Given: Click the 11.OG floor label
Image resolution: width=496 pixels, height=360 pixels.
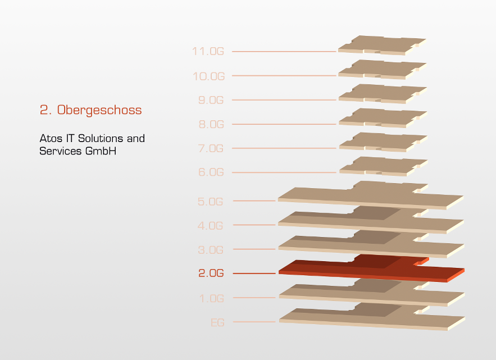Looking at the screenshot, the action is pos(208,51).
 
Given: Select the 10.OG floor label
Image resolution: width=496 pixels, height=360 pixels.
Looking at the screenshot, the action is pos(209,76).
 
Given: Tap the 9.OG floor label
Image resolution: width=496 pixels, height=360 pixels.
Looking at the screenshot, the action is pos(211,100).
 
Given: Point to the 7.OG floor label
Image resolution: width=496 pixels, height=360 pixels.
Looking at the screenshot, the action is pos(211,148).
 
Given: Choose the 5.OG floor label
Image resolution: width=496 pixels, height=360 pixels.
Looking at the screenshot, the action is pos(210,202).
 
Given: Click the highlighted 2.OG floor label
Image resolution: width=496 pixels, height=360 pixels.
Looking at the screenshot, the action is pos(211,273).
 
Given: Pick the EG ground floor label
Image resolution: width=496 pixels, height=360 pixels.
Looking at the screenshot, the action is pos(217,322).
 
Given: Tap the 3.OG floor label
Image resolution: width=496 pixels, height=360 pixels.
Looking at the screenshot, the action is pos(211,250).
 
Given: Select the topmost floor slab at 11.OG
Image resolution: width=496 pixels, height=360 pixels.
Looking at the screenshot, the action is pos(382,45).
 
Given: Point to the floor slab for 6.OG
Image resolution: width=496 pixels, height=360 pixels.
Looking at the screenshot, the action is pos(384,166).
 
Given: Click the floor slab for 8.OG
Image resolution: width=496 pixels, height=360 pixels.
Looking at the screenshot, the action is pos(383,118).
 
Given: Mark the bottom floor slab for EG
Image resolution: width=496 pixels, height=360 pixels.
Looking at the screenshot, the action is pos(372,317).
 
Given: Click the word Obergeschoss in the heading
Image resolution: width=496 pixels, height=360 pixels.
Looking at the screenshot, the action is pos(99,110).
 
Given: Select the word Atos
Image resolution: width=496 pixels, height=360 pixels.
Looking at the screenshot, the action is pos(51,138).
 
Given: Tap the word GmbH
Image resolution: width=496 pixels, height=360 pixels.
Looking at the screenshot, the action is pos(101,151).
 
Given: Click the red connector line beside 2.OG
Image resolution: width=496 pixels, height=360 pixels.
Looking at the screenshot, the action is pos(254,274).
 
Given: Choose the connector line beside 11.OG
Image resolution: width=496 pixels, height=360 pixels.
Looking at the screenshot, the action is pos(284,51).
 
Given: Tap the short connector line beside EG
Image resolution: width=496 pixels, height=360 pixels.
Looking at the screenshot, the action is pos(254,322).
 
